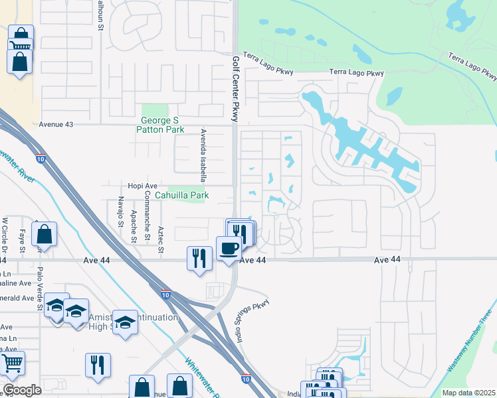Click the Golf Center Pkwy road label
[x=235, y=88]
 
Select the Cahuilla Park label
[x=181, y=195]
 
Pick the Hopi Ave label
[x=142, y=186]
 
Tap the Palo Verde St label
[x=40, y=289]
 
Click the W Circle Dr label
[x=4, y=236]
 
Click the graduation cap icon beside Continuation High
[x=124, y=322]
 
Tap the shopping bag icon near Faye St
[x=44, y=233]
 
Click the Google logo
[x=22, y=390]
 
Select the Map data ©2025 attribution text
[x=468, y=393]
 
